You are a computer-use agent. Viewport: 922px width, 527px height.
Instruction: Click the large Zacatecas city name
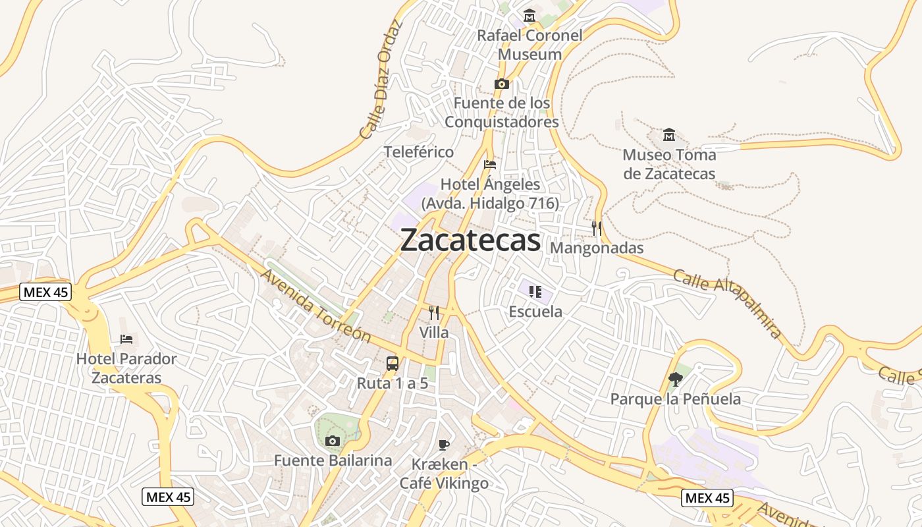click(x=470, y=240)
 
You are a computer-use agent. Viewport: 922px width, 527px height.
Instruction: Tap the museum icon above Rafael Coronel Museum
click(x=529, y=15)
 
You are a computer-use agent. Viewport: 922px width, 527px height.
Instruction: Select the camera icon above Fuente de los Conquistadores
click(x=502, y=84)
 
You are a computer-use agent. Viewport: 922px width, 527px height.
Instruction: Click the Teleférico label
click(x=419, y=152)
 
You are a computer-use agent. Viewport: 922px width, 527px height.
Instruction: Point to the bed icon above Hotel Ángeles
click(x=489, y=165)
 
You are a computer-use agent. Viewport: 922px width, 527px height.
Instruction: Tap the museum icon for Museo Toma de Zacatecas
click(x=669, y=135)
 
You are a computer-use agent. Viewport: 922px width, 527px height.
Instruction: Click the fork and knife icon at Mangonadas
click(x=597, y=229)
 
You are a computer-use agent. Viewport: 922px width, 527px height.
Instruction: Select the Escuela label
click(x=535, y=312)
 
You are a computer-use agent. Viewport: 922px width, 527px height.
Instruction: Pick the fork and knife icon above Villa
click(x=433, y=313)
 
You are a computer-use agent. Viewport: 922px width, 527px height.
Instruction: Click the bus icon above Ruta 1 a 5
click(x=392, y=363)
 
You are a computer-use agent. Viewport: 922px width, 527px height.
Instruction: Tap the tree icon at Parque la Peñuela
click(x=675, y=379)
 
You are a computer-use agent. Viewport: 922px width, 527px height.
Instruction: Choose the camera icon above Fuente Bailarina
click(x=333, y=441)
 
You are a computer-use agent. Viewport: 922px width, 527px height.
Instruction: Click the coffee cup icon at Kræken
click(x=444, y=445)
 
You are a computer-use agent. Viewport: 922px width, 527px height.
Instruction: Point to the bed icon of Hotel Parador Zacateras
click(x=126, y=339)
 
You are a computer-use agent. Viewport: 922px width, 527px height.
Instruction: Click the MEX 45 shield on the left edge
click(x=45, y=292)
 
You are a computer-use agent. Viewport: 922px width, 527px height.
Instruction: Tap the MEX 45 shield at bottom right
click(x=707, y=497)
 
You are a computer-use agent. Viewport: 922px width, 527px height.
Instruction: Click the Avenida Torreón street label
click(x=316, y=306)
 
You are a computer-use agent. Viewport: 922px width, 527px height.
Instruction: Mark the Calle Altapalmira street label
click(x=726, y=303)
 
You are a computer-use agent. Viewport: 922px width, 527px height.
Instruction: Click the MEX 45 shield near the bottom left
click(x=168, y=497)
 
